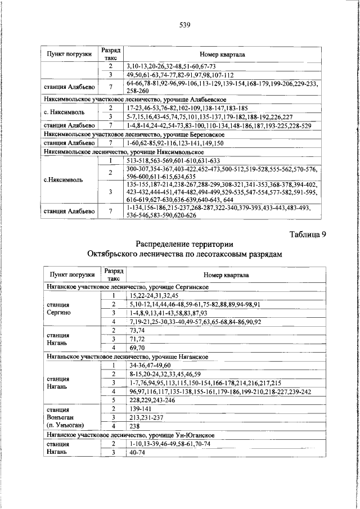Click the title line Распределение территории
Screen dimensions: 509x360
[x=184, y=244]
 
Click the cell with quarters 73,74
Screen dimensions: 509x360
[x=137, y=331]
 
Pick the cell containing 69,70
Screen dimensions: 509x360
[x=137, y=349]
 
